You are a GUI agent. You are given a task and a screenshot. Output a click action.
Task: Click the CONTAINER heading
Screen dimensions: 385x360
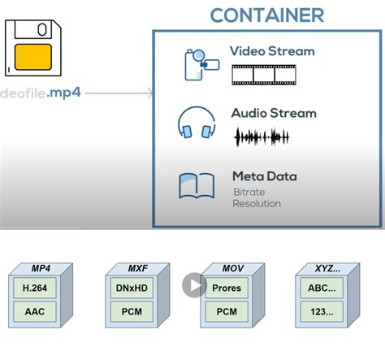(267, 15)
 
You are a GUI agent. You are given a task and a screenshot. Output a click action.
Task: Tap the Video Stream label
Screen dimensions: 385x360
(272, 51)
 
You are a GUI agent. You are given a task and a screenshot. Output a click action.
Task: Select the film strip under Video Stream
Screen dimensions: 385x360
(264, 75)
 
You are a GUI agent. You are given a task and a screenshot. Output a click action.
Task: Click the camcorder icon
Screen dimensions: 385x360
(201, 64)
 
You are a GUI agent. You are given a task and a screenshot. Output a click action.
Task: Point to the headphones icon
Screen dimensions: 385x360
(197, 122)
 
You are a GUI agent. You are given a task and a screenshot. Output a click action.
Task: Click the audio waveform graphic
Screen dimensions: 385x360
(262, 137)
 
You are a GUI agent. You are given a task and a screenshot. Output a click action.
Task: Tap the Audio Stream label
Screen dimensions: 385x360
(274, 113)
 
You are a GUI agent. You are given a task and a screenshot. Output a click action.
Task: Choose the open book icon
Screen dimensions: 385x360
(197, 186)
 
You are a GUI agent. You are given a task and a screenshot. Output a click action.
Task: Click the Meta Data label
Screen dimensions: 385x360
(265, 176)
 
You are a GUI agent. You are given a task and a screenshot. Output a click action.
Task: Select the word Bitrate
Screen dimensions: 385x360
(249, 192)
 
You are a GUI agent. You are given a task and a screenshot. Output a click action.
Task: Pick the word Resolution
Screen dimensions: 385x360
(257, 203)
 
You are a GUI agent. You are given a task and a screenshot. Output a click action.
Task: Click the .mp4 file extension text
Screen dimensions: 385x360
(63, 93)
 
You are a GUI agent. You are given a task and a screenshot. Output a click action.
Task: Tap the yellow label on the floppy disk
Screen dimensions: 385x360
(33, 57)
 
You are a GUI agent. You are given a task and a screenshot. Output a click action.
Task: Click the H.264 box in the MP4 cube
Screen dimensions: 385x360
(35, 288)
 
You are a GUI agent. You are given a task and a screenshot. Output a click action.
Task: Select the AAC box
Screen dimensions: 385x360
(35, 311)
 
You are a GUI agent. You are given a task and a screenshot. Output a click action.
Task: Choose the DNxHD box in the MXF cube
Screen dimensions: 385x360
(132, 288)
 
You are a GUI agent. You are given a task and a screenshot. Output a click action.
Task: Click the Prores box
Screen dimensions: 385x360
(227, 288)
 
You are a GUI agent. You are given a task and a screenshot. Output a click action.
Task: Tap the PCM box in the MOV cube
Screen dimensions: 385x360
(227, 311)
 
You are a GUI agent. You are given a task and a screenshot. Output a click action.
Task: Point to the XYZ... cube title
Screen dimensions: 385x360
(327, 268)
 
